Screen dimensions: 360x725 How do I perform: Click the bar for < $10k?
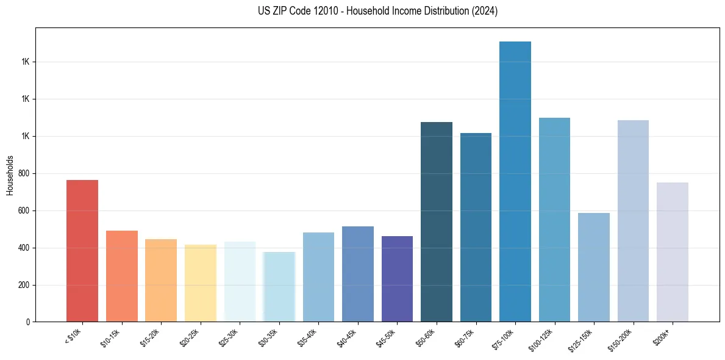coord(82,251)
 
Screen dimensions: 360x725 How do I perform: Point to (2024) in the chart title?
coord(485,11)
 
